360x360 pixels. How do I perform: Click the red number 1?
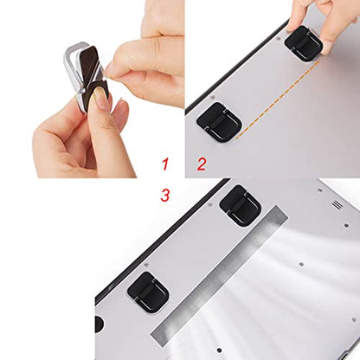165,164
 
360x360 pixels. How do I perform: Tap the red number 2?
202,164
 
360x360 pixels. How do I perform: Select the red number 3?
165,195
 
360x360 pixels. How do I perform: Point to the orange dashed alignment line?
278,100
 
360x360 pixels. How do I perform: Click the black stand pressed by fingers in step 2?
304,43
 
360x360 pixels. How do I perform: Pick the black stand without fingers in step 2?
219,122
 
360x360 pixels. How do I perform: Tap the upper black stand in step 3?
241,205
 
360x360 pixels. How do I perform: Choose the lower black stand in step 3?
148,292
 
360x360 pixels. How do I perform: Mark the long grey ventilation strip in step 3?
219,275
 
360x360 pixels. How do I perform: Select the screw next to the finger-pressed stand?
278,38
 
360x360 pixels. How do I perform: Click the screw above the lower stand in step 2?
213,98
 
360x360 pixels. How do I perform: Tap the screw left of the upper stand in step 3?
210,204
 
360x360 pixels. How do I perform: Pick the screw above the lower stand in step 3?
146,265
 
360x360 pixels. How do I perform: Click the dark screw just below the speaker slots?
346,225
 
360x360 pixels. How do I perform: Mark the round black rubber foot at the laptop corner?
100,323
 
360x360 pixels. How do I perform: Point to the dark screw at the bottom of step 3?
220,350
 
